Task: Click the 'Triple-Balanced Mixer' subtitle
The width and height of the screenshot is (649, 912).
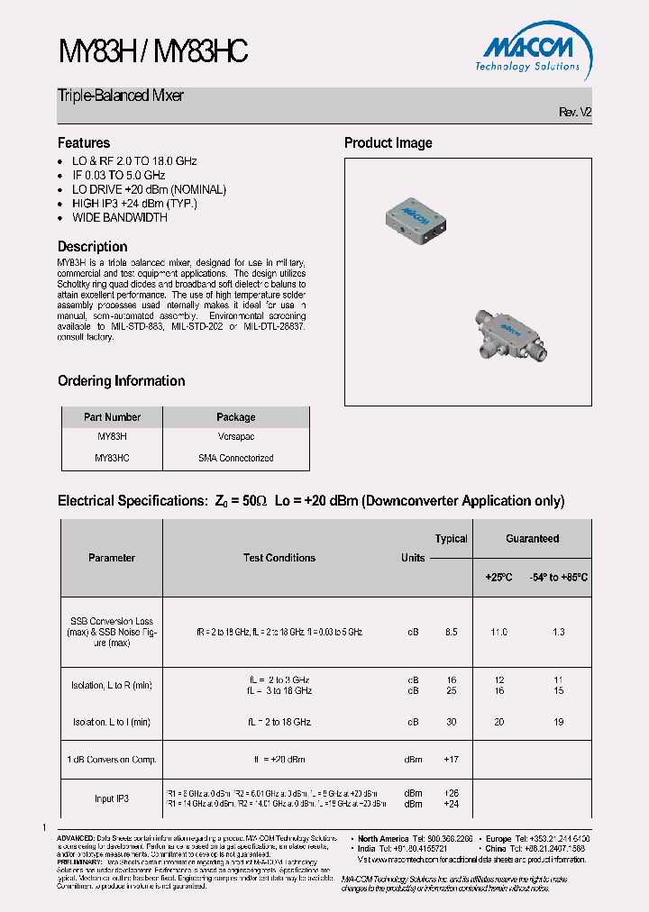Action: pyautogui.click(x=121, y=96)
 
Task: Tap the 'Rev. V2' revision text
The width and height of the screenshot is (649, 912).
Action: pyautogui.click(x=575, y=113)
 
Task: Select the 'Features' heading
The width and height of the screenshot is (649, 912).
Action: pyautogui.click(x=84, y=142)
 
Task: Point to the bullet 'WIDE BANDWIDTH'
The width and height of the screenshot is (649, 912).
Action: pyautogui.click(x=120, y=217)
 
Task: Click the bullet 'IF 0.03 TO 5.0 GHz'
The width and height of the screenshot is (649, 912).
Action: pyautogui.click(x=118, y=175)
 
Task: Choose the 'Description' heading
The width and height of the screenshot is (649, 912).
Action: pyautogui.click(x=93, y=246)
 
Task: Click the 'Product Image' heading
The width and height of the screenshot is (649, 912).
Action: pyautogui.click(x=388, y=142)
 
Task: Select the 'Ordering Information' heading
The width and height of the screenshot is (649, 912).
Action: pyautogui.click(x=122, y=380)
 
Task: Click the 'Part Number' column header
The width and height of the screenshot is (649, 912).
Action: pyautogui.click(x=112, y=417)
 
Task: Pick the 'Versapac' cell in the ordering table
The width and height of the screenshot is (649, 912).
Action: pyautogui.click(x=235, y=437)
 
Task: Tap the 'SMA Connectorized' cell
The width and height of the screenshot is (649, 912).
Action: pyautogui.click(x=235, y=458)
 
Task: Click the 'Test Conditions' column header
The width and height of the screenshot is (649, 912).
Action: pyautogui.click(x=279, y=558)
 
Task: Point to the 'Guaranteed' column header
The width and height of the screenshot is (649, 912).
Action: pyautogui.click(x=532, y=539)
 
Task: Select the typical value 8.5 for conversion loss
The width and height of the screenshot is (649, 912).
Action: pyautogui.click(x=451, y=633)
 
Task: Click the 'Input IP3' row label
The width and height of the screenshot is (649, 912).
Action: pyautogui.click(x=112, y=798)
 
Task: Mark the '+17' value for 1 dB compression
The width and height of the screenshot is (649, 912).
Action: pyautogui.click(x=451, y=760)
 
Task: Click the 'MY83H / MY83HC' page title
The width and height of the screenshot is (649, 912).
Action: pyautogui.click(x=153, y=52)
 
